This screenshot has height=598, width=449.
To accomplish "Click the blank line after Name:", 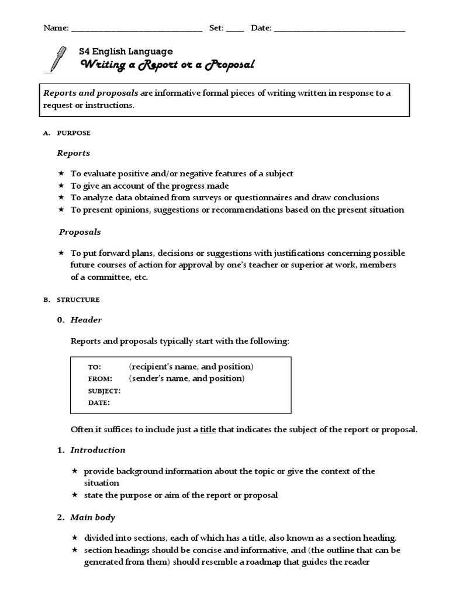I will tap(136, 29).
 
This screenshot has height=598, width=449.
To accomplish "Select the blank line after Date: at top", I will tap(340, 29).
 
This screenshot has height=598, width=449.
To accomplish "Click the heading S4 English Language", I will tap(126, 51).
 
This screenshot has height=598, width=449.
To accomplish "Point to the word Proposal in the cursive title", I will tap(230, 65).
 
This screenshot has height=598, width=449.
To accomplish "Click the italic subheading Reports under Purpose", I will tap(73, 153).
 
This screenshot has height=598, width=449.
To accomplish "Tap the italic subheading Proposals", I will tap(80, 232).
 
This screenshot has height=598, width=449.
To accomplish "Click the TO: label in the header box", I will tap(94, 367).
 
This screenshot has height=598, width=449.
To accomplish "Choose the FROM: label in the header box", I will tap(100, 379).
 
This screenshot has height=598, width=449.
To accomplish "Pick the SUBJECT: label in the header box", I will tap(104, 391).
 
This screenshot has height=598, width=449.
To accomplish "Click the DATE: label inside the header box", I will tap(99, 402).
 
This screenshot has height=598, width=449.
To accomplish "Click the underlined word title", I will tap(208, 429).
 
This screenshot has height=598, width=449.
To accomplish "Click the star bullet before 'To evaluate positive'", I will tap(61, 173).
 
